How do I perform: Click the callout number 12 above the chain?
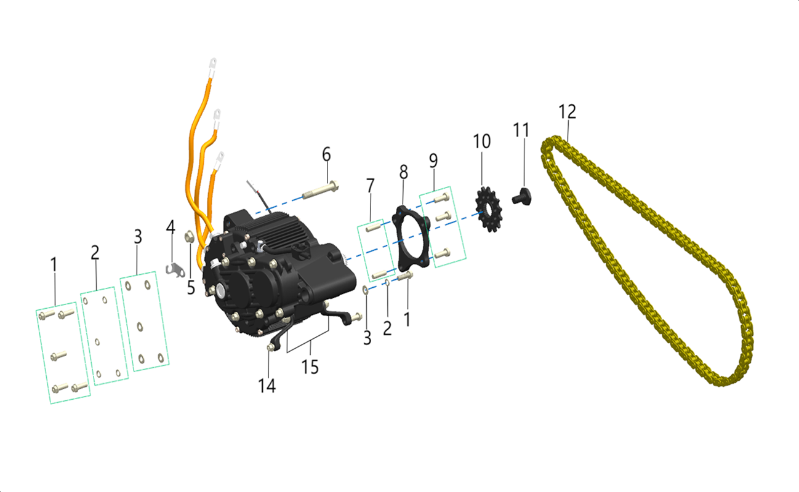[567, 111]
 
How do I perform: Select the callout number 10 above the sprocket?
[481, 141]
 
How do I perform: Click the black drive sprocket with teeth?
[489, 210]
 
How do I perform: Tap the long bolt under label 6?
[320, 190]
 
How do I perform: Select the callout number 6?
[326, 154]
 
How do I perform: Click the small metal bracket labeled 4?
[175, 269]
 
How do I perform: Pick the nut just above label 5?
[189, 236]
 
